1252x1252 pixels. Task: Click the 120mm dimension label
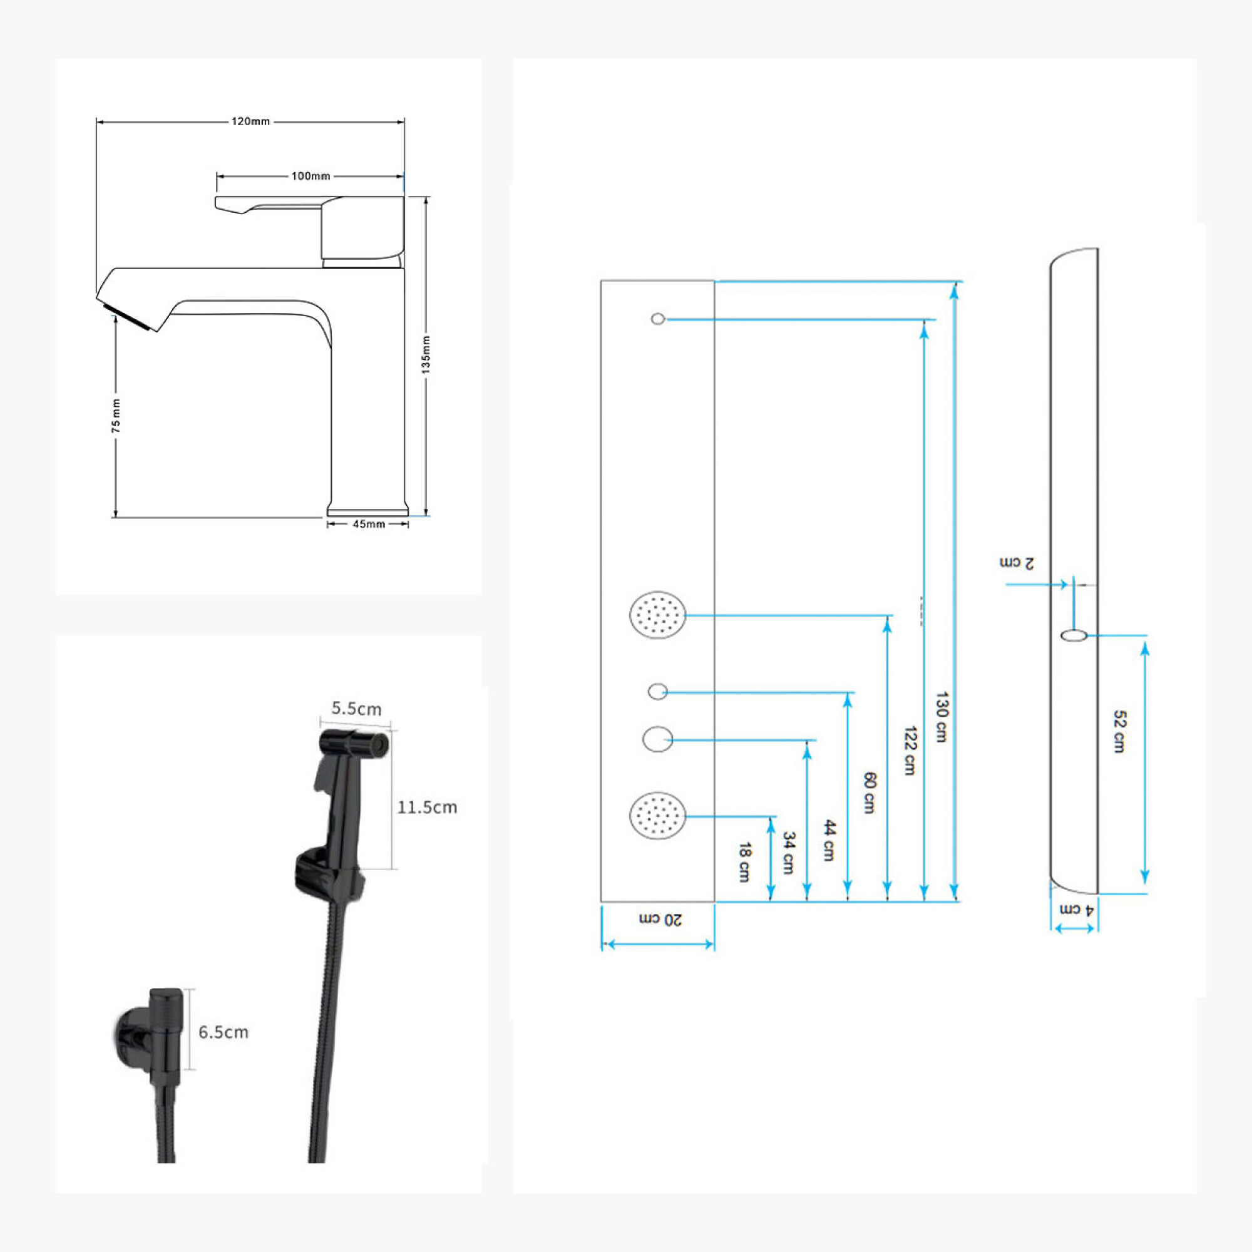pyautogui.click(x=251, y=121)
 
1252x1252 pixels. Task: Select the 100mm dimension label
pyautogui.click(x=310, y=177)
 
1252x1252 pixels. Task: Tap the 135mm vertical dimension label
pyautogui.click(x=426, y=354)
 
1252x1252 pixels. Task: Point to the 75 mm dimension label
pyautogui.click(x=116, y=416)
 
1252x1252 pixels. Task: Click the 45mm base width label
pyautogui.click(x=369, y=523)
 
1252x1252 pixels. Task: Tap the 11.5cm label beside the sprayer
pyautogui.click(x=427, y=808)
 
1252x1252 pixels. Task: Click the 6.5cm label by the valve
pyautogui.click(x=223, y=1032)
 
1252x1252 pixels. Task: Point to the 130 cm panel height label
pyautogui.click(x=942, y=717)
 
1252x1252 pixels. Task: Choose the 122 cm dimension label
pyautogui.click(x=910, y=751)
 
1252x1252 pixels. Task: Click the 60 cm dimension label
pyautogui.click(x=870, y=793)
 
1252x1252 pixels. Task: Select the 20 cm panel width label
pyautogui.click(x=660, y=920)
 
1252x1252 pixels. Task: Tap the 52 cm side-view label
pyautogui.click(x=1119, y=732)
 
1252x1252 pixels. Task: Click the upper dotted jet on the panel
pyautogui.click(x=658, y=614)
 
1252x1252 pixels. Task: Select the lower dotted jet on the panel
pyautogui.click(x=658, y=815)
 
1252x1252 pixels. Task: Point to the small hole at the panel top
pyautogui.click(x=658, y=319)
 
